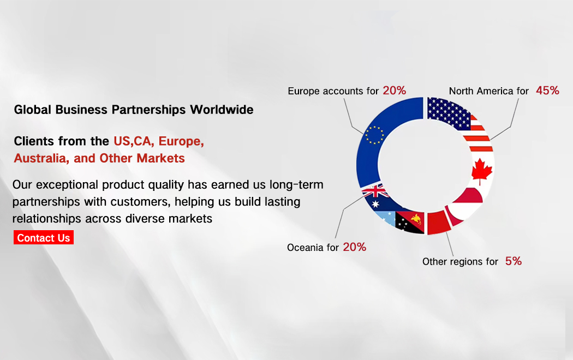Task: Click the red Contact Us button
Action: point(44,237)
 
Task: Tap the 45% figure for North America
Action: point(547,90)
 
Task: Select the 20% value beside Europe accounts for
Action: point(395,90)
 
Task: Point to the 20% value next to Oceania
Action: point(355,247)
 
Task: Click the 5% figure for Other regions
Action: point(514,261)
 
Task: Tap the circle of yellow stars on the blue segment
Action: point(374,135)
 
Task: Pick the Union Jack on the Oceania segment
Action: point(375,191)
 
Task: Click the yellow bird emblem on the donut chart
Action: point(416,219)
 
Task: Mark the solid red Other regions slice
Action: point(438,223)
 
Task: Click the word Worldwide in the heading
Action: point(222,110)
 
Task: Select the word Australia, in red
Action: point(41,158)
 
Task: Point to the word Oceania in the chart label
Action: point(305,248)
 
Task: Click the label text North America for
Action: point(488,91)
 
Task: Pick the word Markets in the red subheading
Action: point(160,158)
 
